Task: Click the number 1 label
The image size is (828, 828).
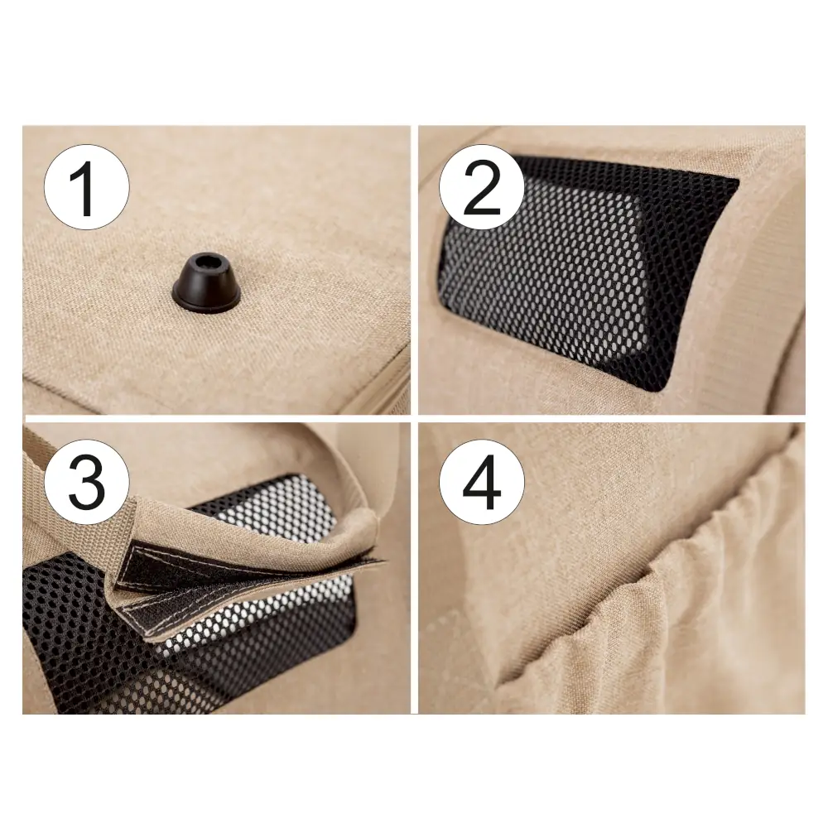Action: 84,189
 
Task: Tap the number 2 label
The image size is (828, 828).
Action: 482,188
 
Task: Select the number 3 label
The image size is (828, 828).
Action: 87,483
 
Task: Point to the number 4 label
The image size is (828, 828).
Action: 482,484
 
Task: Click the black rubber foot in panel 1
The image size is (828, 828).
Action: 205,281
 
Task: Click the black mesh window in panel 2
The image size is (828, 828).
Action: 586,272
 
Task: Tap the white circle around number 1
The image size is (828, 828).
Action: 87,187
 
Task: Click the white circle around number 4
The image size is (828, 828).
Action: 482,482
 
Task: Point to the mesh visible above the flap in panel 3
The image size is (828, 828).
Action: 275,507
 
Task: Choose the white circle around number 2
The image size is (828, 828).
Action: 482,187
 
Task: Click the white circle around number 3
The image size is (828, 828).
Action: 87,482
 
